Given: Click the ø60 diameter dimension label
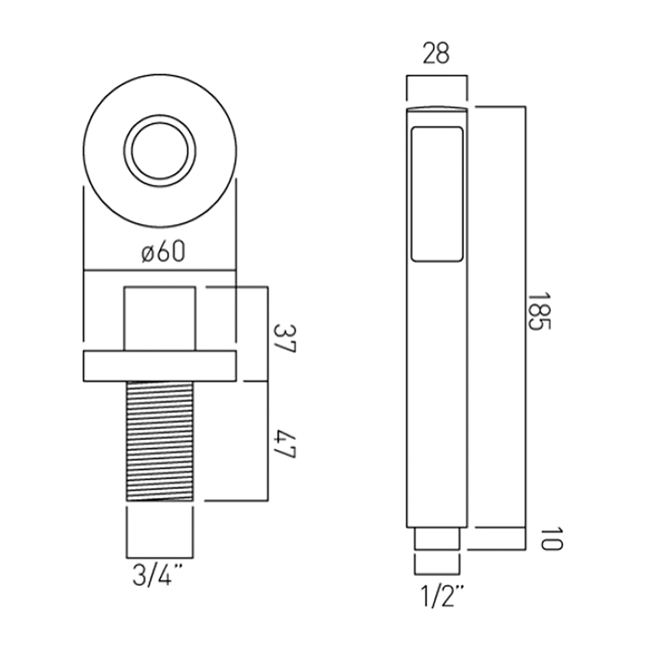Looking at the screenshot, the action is coord(163,252).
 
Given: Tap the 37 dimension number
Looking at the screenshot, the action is coord(285,339).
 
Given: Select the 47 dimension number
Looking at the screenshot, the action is coord(285,445).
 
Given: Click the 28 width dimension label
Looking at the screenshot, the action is coord(436,54).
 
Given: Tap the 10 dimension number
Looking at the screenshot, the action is coord(552,539).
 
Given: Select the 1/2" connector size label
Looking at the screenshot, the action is coord(441,596).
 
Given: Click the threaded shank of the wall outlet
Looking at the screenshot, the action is coord(160,441).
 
